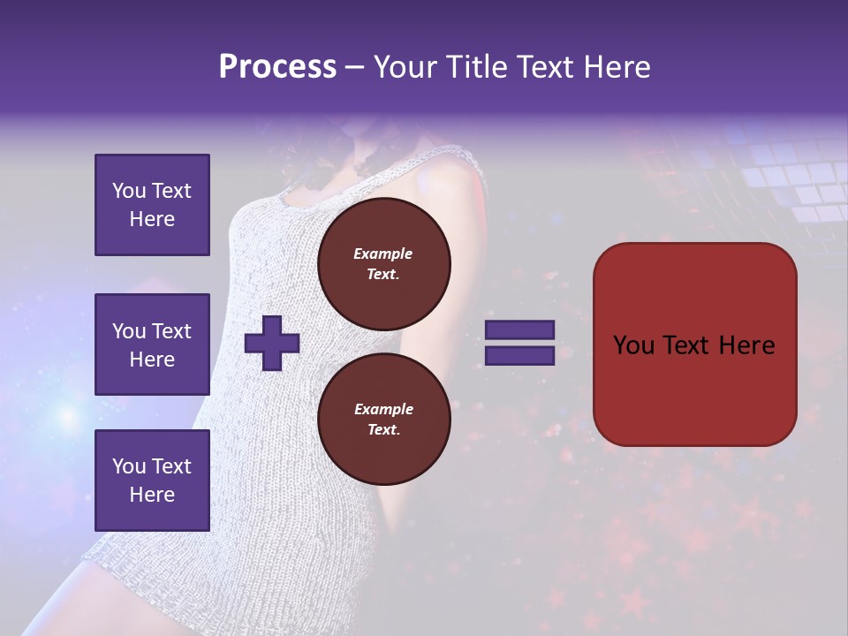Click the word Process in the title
277,67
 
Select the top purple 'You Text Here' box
152,205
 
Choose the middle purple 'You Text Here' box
152,344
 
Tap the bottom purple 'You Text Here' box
152,480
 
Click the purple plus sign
272,343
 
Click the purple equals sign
519,343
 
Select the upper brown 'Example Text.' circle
383,263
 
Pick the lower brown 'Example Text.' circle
383,419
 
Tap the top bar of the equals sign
519,330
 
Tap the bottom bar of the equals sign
519,355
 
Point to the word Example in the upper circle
383,254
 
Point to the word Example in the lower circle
383,409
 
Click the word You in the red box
633,345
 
